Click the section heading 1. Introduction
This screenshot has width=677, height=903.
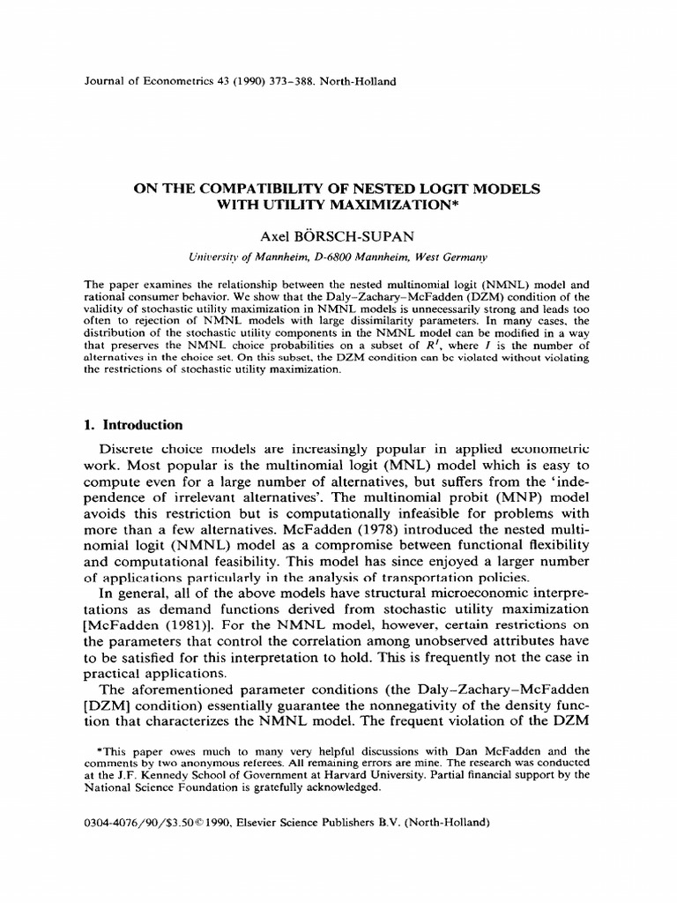click(133, 424)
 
